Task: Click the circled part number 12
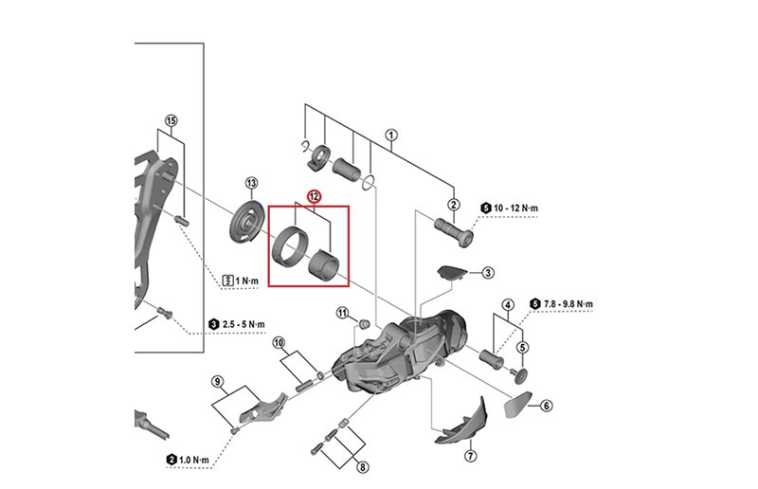[x=314, y=197]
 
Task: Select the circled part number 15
[x=171, y=120]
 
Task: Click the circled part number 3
[x=488, y=273]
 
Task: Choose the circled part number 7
[x=471, y=456]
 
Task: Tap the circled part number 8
[x=362, y=466]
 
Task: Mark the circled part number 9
[x=217, y=382]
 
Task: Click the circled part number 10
[x=279, y=342]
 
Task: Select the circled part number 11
[x=343, y=312]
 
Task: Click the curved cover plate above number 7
[x=461, y=421]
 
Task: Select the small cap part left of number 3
[x=452, y=272]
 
